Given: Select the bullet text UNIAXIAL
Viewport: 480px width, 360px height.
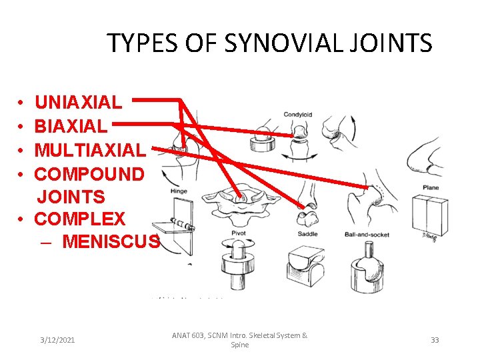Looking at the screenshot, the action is [x=78, y=102].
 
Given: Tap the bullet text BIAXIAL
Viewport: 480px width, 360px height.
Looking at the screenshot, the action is [x=70, y=126].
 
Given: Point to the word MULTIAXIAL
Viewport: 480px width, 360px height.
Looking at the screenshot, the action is [x=89, y=150].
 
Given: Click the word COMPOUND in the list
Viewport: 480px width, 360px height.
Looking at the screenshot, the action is [x=89, y=174].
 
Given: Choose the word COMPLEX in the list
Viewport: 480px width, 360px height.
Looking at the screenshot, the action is [x=79, y=219].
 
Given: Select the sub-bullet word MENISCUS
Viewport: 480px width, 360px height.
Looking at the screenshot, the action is [x=111, y=241].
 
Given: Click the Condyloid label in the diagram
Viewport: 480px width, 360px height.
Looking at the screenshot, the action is [x=297, y=115].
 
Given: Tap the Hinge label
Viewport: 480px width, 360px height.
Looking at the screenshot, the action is [x=179, y=191].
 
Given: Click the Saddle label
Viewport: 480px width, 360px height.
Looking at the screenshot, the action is [x=307, y=234].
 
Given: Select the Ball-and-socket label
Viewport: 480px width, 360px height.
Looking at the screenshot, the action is [x=367, y=235].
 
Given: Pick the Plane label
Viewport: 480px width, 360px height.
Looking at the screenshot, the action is [x=431, y=187].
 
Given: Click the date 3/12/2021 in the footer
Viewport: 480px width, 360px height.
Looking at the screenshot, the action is [x=57, y=340].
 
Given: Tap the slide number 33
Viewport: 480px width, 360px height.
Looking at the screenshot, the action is [x=435, y=340].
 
